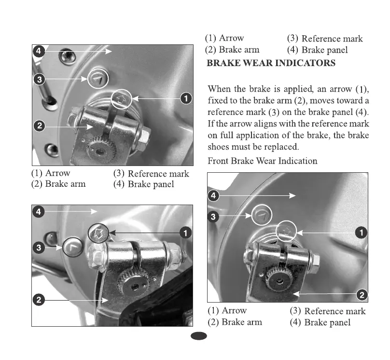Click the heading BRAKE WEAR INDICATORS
[271, 63]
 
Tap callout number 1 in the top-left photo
[184, 98]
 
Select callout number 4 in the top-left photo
[39, 51]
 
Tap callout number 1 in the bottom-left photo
[184, 233]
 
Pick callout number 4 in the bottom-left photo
[39, 211]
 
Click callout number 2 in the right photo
[362, 294]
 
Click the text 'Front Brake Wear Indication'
[262, 161]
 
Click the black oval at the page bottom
[198, 336]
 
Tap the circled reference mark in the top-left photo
[98, 79]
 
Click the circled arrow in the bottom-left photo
[98, 233]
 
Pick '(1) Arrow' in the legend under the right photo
[227, 311]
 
